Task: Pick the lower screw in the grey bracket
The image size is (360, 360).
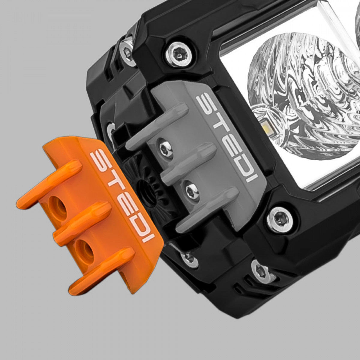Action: [192, 190]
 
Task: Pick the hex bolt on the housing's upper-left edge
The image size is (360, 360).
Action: [127, 48]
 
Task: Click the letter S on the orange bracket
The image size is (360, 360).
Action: [99, 160]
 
